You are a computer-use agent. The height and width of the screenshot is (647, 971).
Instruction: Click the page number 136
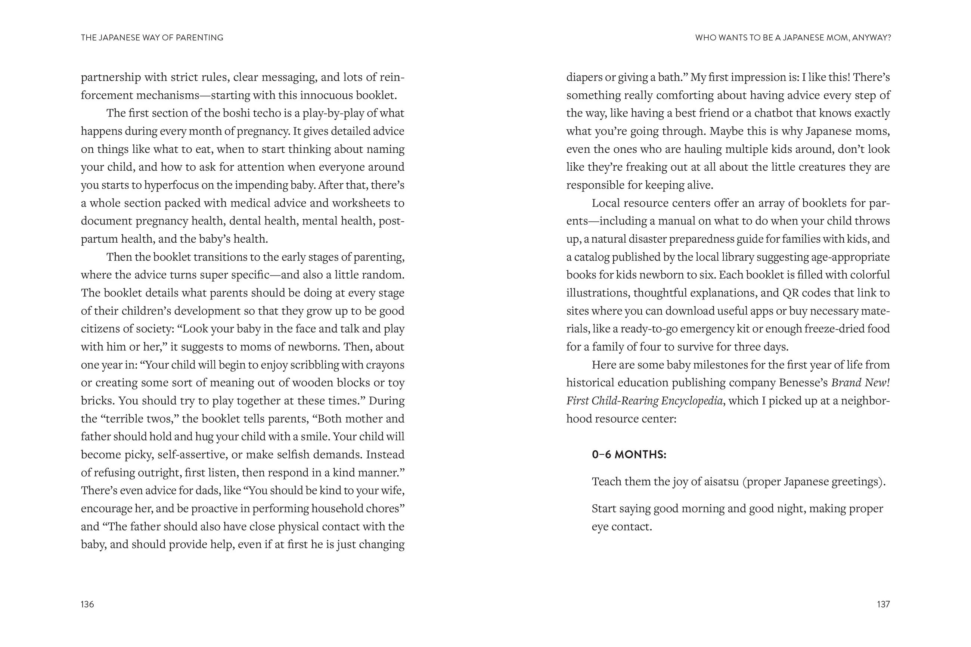point(87,604)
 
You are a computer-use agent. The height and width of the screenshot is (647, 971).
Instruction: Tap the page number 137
point(883,604)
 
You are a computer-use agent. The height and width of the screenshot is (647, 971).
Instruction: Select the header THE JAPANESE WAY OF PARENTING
point(152,38)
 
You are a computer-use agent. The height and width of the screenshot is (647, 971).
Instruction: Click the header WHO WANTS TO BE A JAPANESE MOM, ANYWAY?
point(793,38)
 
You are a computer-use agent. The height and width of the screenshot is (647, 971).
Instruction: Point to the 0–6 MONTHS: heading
point(629,455)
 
